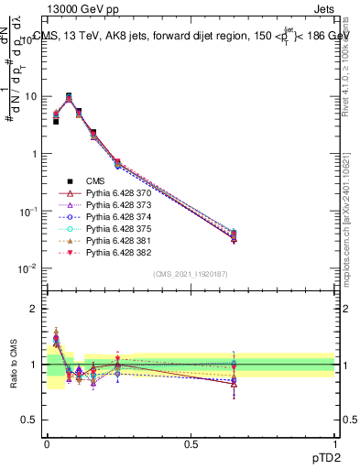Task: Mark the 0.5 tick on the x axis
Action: pyautogui.click(x=191, y=443)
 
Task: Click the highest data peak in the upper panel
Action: pyautogui.click(x=69, y=96)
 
